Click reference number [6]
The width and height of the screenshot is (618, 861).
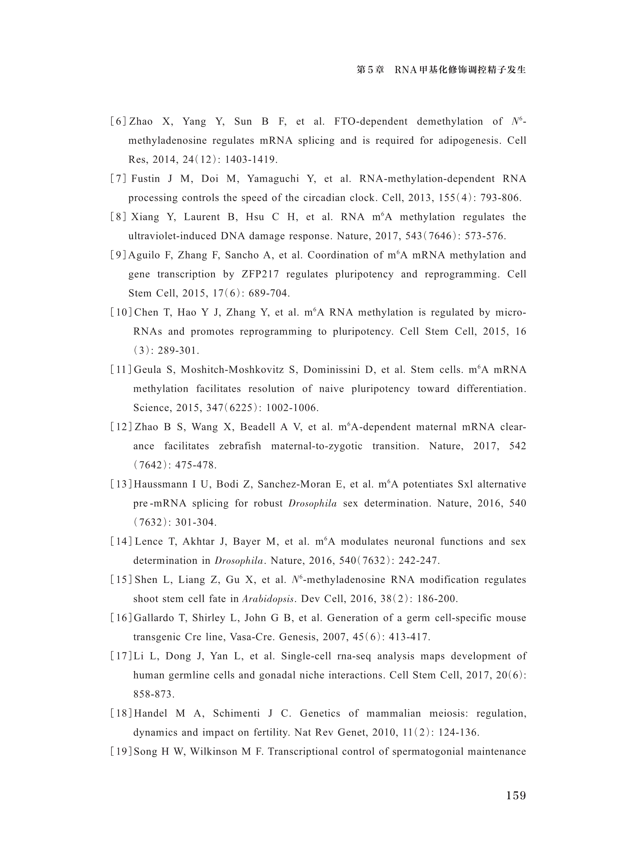click(118, 121)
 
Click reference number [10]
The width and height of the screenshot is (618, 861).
click(121, 312)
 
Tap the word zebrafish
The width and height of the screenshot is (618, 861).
click(240, 446)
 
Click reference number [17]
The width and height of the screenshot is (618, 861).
click(121, 656)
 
